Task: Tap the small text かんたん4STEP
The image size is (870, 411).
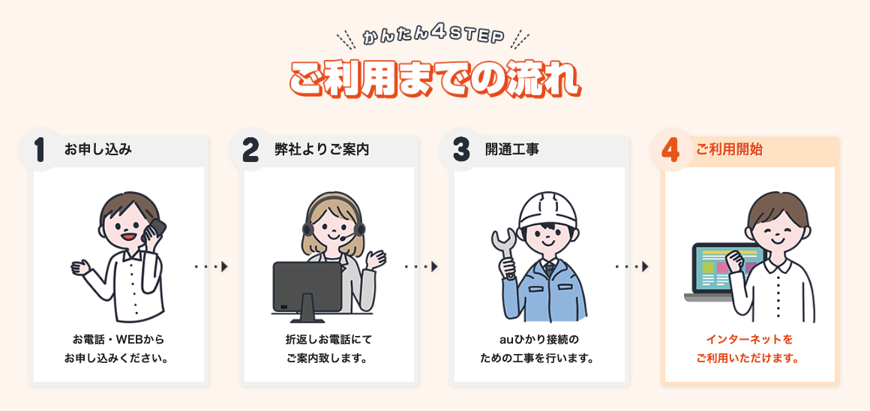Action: [433, 37]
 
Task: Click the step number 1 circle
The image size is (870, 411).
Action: [40, 150]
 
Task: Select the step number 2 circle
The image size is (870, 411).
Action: [250, 150]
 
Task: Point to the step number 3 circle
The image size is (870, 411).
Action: [460, 150]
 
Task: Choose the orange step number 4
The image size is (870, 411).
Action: [670, 150]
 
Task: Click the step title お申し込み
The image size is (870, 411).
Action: [97, 150]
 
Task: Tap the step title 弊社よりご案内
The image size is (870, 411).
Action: [322, 150]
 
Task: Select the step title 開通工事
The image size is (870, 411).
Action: [511, 150]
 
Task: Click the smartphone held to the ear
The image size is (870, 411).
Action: [156, 229]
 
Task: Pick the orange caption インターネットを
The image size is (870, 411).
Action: [749, 339]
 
